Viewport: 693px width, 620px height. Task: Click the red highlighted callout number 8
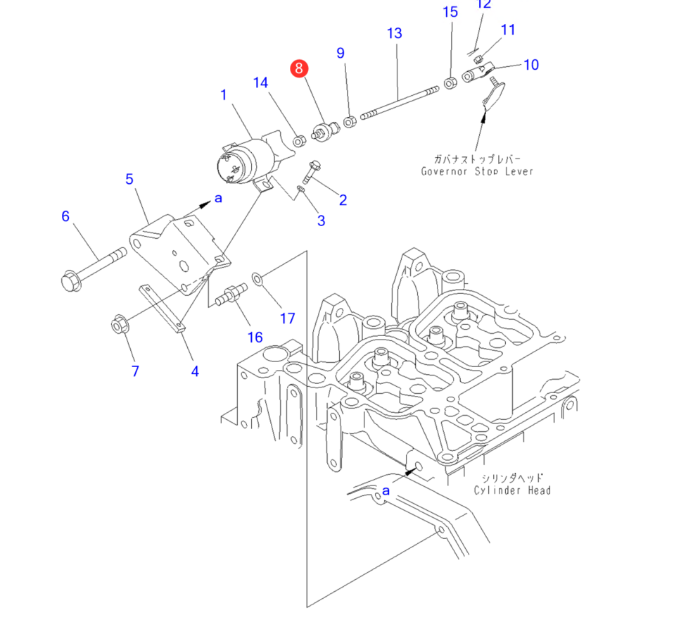point(300,68)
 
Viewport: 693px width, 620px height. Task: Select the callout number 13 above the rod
point(394,33)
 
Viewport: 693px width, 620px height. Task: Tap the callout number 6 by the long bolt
point(65,216)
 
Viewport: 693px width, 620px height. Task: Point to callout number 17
point(287,318)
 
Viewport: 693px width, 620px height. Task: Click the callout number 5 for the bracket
point(129,179)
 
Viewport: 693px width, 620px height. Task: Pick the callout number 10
point(531,65)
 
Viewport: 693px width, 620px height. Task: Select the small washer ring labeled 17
point(258,280)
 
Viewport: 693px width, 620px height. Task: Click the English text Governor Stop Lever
point(477,171)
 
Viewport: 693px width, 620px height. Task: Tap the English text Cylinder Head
point(511,490)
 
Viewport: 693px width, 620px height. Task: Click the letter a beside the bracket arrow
point(218,199)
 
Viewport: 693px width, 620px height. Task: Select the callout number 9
point(341,53)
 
